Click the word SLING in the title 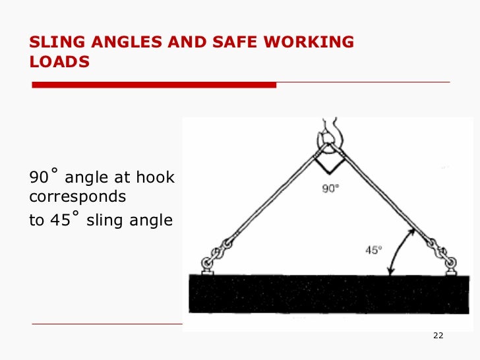[52, 43]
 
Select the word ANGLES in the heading [116, 43]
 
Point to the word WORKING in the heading [309, 43]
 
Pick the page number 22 [438, 337]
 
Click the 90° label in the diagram [330, 189]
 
